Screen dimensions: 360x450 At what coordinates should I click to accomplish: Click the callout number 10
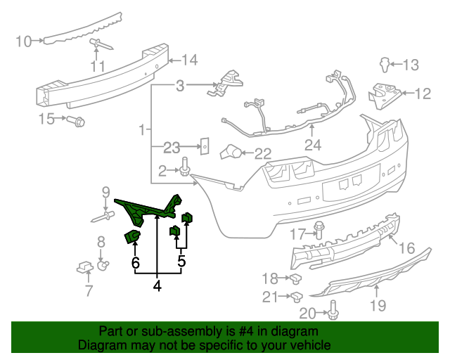pos(23,41)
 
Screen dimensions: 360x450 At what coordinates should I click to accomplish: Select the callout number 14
pos(190,59)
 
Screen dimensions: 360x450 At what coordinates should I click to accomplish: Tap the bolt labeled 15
pos(79,122)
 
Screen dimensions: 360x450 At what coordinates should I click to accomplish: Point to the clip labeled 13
pos(385,65)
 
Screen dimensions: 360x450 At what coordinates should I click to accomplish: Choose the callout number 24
pos(312,146)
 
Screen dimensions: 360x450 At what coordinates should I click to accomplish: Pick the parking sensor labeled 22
pos(231,151)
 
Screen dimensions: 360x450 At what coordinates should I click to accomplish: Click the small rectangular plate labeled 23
pos(205,146)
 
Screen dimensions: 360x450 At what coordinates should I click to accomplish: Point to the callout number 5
pos(181,262)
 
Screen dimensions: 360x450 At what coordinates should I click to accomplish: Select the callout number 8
pos(101,242)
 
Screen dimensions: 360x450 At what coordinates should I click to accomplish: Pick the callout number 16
pos(407,248)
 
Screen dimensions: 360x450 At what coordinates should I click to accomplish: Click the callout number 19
pos(378,304)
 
